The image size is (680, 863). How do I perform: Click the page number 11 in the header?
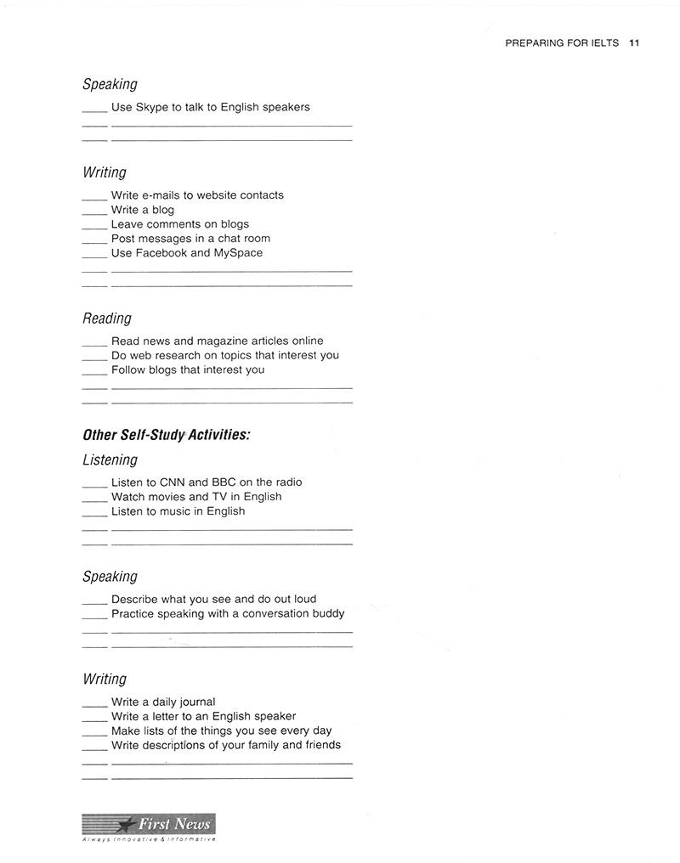[634, 43]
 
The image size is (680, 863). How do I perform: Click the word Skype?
[152, 107]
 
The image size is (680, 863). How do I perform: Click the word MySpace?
[238, 253]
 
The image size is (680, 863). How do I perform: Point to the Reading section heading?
[107, 319]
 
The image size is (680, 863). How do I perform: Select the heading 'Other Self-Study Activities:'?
[166, 435]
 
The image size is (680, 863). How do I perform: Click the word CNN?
[173, 482]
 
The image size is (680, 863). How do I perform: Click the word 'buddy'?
[326, 613]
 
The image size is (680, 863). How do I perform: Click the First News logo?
[149, 826]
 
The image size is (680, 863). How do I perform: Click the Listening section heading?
[110, 460]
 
